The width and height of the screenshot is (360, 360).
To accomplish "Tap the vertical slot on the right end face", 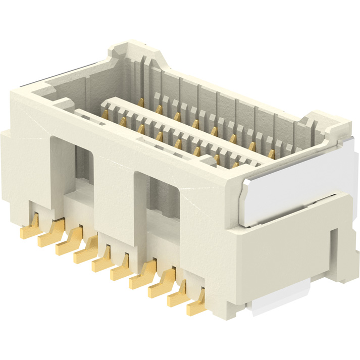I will (x=333, y=252).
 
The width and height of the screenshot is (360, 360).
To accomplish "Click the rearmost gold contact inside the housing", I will (x=141, y=102).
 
